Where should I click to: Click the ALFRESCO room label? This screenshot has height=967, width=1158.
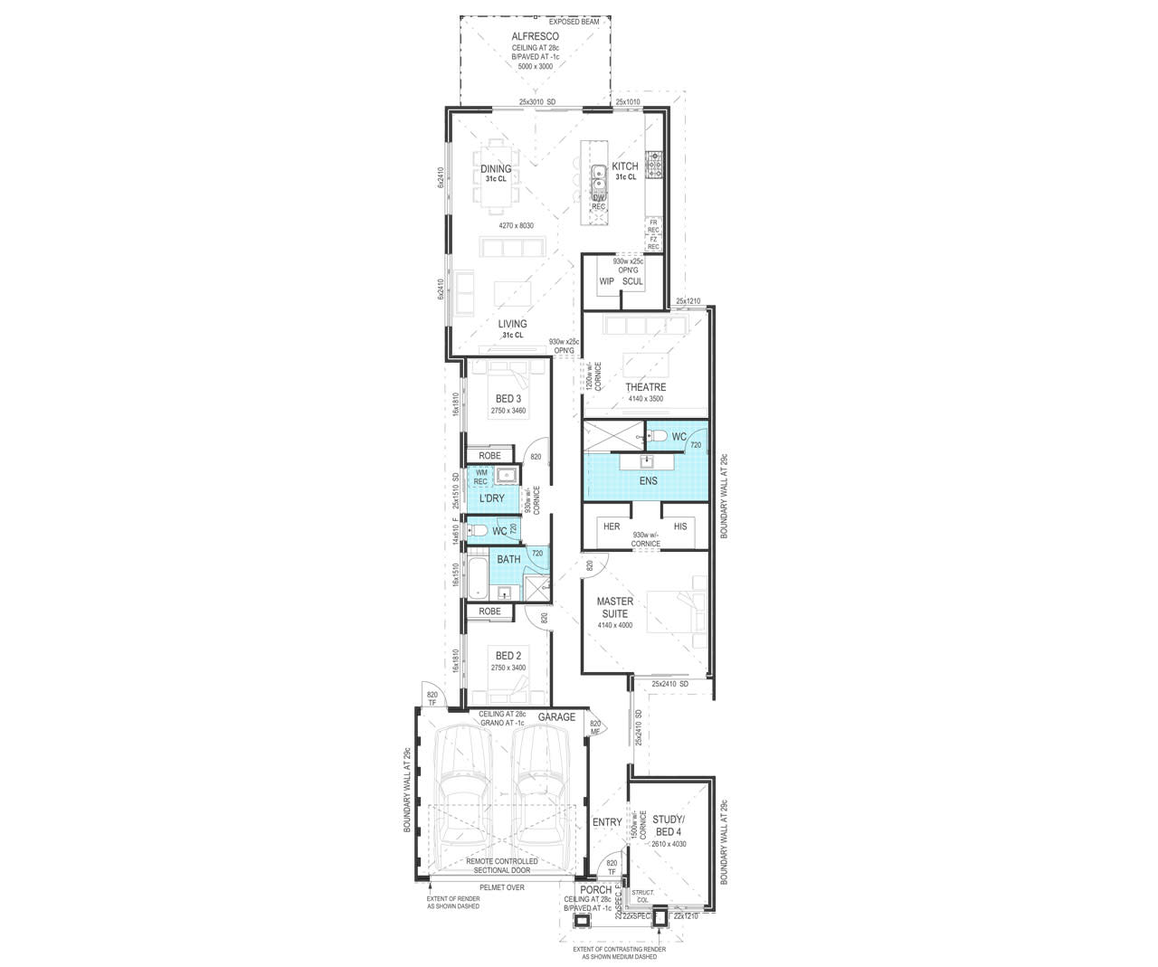(535, 36)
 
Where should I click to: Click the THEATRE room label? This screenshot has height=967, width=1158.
(645, 387)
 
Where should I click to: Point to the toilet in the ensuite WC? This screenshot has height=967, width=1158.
(655, 437)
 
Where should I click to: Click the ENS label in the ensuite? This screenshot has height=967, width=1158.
(648, 480)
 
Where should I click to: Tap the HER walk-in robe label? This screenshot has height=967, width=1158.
(612, 526)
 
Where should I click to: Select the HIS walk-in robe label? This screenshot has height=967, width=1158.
(680, 526)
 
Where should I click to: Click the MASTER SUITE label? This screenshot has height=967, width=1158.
(614, 607)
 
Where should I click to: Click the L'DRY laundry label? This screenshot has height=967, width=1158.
(492, 498)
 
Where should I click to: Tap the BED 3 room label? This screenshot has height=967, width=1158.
(508, 399)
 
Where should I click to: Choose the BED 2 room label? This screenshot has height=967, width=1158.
(508, 656)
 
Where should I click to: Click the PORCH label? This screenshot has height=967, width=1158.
(596, 890)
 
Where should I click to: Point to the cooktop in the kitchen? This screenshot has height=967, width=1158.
(655, 165)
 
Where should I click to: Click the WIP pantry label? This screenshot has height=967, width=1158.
(606, 281)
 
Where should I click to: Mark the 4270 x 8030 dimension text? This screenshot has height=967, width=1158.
(517, 225)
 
